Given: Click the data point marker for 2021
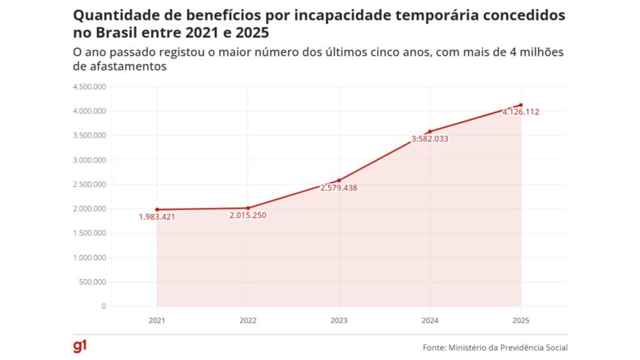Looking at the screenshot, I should (157, 209).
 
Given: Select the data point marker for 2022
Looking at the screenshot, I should (247, 208).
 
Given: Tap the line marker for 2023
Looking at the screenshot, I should (339, 181).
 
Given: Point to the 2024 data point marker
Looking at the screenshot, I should (430, 131).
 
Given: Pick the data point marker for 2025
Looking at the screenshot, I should (521, 105).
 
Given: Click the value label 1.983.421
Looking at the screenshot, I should (157, 217).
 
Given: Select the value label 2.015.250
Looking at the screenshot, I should (248, 216).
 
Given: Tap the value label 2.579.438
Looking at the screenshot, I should (339, 188).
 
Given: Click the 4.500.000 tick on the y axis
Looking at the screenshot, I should (89, 87).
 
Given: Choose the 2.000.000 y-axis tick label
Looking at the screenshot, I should (89, 209).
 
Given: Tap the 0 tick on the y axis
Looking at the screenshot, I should (104, 306).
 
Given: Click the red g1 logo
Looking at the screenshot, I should (79, 346).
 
